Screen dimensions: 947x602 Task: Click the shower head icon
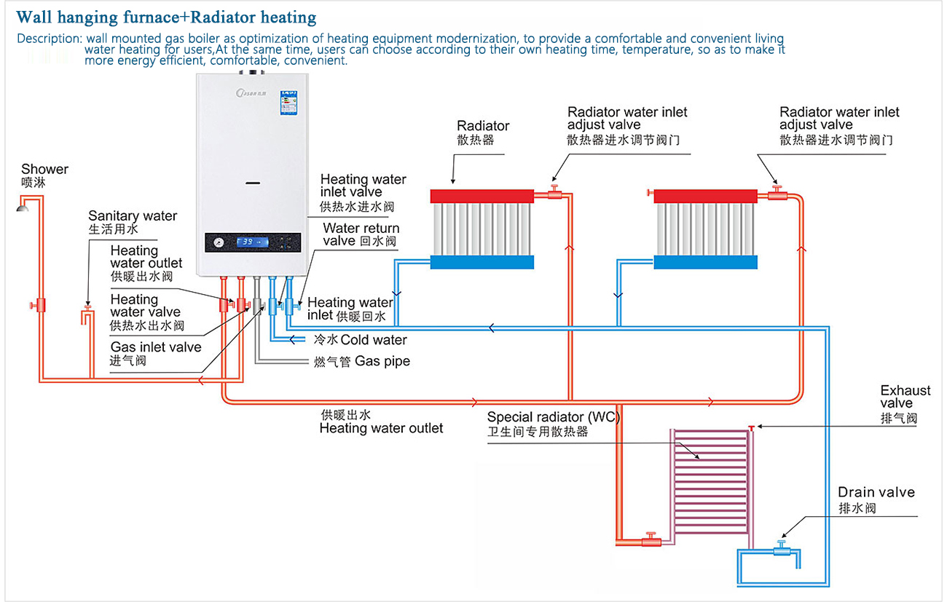point(23,207)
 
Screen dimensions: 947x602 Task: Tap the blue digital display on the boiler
point(252,242)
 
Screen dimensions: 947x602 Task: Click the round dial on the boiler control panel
point(219,242)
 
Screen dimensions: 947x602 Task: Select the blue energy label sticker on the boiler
point(288,102)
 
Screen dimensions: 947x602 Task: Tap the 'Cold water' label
point(374,340)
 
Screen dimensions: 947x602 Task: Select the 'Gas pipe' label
point(382,361)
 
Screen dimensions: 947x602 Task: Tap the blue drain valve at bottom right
point(781,548)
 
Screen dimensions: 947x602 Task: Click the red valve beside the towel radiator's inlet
point(651,539)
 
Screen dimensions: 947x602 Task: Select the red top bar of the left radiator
point(482,196)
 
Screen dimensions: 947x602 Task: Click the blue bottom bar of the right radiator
point(705,262)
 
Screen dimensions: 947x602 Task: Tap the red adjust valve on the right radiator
point(777,193)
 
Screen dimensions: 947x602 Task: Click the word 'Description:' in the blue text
point(50,39)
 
